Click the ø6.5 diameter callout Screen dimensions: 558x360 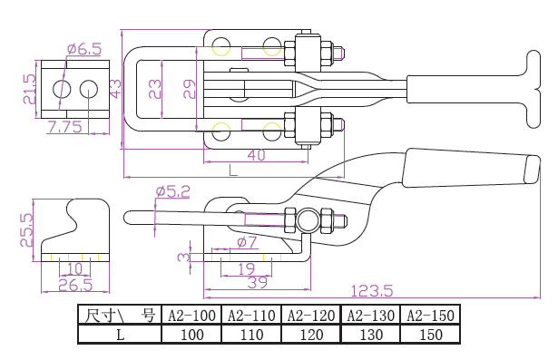coord(84,49)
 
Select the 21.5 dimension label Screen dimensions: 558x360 coord(30,89)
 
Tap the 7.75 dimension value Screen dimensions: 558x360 coord(64,127)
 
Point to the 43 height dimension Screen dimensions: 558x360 coord(115,89)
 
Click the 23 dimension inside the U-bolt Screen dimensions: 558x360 coord(155,89)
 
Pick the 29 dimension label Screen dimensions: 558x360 coord(190,89)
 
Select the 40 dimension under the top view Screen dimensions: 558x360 coord(257,155)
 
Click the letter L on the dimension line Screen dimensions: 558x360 coord(233,170)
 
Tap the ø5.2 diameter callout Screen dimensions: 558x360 coord(173,191)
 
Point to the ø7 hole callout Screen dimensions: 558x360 coord(247,242)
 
